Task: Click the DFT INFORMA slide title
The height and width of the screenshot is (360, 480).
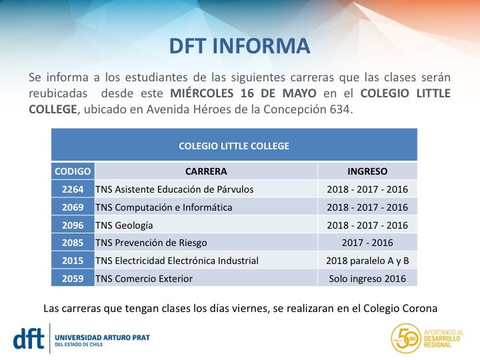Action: click(239, 45)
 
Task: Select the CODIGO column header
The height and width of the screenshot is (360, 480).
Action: click(73, 171)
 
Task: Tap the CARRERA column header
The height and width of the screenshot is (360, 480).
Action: click(206, 171)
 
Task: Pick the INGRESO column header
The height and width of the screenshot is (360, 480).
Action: click(367, 171)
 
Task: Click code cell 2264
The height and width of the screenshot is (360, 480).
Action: click(73, 189)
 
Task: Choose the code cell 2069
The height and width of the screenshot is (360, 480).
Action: click(73, 207)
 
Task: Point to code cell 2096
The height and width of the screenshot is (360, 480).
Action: click(73, 225)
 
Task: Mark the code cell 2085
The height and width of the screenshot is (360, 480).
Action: click(73, 243)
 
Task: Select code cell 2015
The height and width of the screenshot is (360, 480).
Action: click(73, 261)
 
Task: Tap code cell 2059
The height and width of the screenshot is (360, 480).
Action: click(73, 279)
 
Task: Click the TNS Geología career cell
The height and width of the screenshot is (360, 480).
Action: click(125, 225)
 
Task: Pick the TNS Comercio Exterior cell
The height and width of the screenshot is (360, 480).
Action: click(144, 279)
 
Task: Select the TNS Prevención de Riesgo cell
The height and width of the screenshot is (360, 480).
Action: click(151, 243)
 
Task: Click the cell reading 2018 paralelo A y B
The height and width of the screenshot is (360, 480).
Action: click(367, 261)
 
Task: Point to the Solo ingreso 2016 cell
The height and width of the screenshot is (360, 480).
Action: click(367, 279)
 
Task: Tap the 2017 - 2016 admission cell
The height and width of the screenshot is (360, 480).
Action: click(367, 243)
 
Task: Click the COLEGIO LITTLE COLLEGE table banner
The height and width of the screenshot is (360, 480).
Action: click(234, 145)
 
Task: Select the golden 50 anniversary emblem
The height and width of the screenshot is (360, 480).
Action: click(406, 339)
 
